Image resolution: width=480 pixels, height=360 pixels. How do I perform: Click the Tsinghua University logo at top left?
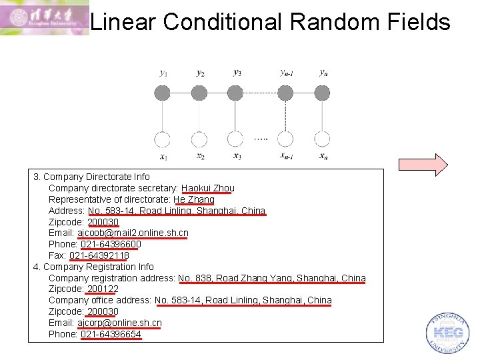click(44, 18)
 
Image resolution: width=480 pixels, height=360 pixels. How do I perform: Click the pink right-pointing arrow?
click(423, 165)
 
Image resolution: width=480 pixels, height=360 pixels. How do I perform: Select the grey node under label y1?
click(163, 93)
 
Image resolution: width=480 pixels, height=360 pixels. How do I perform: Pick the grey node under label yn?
click(323, 93)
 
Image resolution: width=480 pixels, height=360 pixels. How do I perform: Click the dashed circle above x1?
click(163, 139)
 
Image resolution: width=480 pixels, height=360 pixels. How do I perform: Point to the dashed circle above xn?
click(323, 139)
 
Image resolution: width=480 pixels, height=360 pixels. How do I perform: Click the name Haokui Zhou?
click(207, 188)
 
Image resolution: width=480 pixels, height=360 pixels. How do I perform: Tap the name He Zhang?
click(193, 199)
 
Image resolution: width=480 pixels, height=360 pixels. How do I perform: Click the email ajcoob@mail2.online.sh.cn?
click(133, 233)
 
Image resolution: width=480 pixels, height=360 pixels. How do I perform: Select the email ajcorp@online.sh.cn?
click(119, 323)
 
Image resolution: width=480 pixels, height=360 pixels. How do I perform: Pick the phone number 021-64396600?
click(111, 244)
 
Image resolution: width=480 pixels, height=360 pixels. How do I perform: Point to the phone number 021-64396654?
click(111, 334)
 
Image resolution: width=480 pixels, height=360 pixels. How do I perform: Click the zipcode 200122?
click(103, 289)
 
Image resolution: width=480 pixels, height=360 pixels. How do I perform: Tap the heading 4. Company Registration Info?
click(93, 267)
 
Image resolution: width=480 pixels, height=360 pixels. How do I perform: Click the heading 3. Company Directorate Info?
click(91, 177)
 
